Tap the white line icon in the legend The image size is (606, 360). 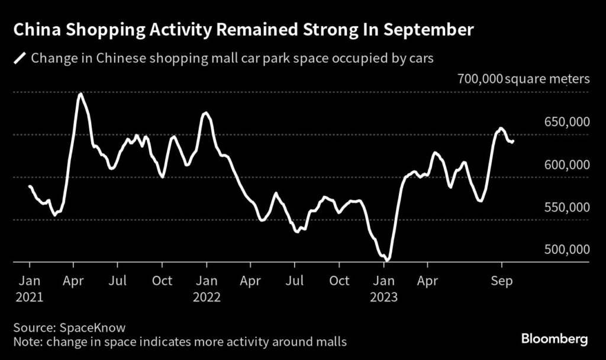[21, 58]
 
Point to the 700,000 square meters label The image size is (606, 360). [523, 79]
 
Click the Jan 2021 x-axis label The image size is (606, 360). [30, 288]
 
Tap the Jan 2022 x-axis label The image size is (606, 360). [206, 288]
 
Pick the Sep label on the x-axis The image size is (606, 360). [502, 280]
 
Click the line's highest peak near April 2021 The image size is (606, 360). [80, 94]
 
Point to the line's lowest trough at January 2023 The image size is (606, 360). [387, 259]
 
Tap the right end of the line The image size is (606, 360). [513, 141]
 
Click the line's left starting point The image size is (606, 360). [30, 187]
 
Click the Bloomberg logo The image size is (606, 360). [554, 339]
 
